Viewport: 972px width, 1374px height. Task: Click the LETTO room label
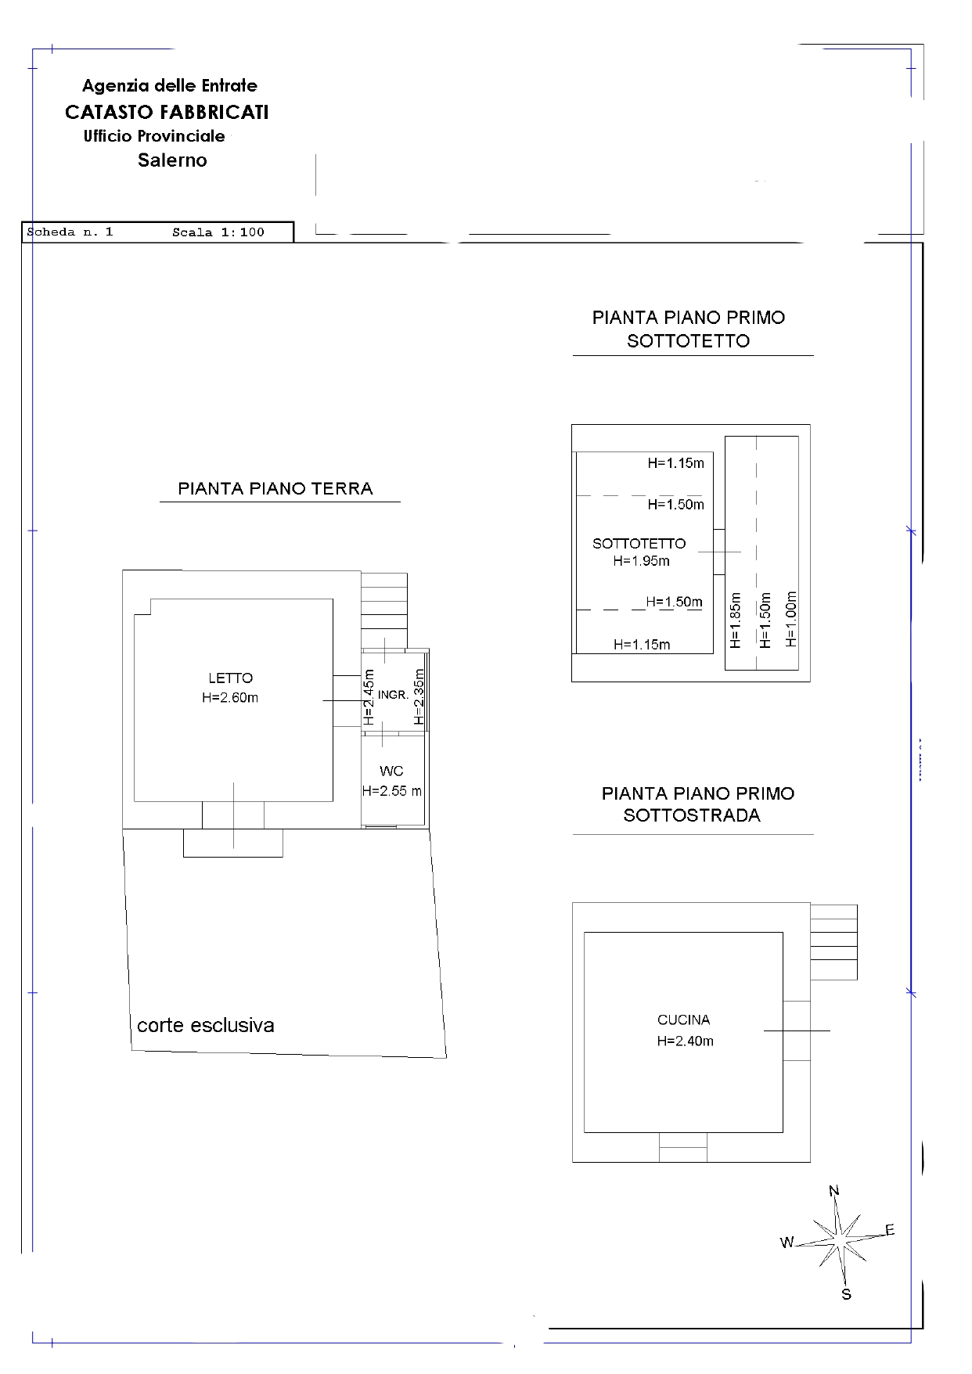(x=230, y=678)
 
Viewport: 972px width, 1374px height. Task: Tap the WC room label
(x=391, y=772)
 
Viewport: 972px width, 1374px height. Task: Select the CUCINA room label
(x=684, y=1020)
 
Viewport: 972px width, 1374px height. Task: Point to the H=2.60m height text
(x=230, y=698)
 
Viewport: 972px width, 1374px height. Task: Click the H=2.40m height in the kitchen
(x=686, y=1041)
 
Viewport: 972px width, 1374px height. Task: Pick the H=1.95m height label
(x=642, y=561)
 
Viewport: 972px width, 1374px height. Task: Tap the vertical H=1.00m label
(x=791, y=619)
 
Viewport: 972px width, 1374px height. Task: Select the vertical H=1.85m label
(x=735, y=620)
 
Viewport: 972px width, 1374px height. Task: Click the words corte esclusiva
(x=206, y=1026)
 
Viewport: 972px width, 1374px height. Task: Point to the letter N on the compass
(x=834, y=1192)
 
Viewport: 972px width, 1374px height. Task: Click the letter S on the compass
(x=846, y=1294)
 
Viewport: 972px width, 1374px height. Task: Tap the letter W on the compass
(x=787, y=1243)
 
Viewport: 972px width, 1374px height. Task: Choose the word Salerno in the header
(x=172, y=160)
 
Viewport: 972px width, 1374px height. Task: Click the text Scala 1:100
(x=218, y=232)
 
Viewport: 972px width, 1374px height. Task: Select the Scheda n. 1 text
(x=70, y=232)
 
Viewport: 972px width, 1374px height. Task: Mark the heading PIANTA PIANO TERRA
(x=275, y=489)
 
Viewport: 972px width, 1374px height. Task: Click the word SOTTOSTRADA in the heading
(x=692, y=815)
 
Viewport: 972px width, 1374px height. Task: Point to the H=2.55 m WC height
(x=392, y=791)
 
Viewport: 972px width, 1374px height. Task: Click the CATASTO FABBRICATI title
(x=167, y=113)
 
